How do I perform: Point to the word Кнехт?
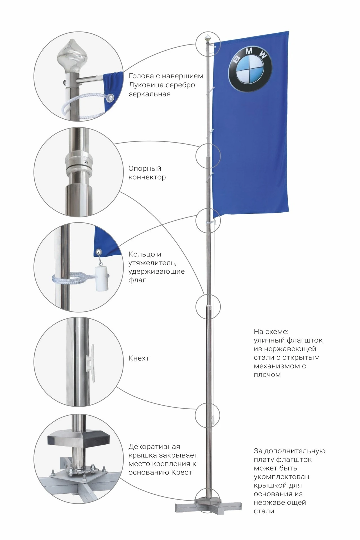tap(139, 358)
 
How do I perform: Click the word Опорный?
tap(145, 169)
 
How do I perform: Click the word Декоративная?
tap(154, 447)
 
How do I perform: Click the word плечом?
tap(267, 375)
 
